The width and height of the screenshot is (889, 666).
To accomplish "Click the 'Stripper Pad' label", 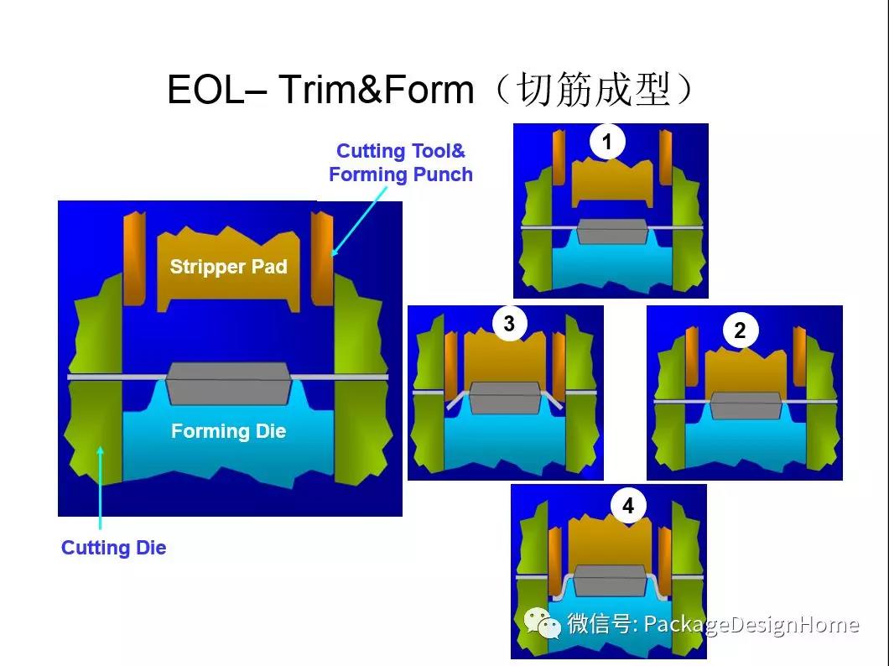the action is click(x=228, y=267).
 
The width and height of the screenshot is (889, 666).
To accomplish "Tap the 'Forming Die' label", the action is click(x=228, y=431).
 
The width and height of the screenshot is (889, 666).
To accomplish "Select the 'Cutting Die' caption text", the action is click(x=113, y=548).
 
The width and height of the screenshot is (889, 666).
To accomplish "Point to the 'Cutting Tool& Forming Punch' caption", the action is click(x=401, y=163).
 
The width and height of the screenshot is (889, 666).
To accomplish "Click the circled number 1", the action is click(x=607, y=142).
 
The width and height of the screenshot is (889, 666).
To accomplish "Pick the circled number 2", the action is click(x=740, y=330).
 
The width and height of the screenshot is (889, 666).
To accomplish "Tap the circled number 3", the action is click(x=509, y=324).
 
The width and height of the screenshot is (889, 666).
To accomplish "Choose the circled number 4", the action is click(x=628, y=505).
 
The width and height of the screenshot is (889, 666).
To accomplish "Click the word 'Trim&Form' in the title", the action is click(x=376, y=90).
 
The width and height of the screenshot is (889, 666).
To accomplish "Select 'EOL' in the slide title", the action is click(x=205, y=90).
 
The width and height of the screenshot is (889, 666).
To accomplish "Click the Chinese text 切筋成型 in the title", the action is click(x=595, y=90).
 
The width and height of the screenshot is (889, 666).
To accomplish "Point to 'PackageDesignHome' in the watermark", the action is click(x=751, y=625).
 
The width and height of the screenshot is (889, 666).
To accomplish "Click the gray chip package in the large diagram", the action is click(x=229, y=383).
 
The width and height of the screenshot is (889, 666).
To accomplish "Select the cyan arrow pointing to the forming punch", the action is click(x=359, y=221).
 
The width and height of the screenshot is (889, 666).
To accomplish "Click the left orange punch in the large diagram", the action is click(x=134, y=258).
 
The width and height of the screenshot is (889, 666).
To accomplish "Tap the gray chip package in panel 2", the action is click(x=746, y=405).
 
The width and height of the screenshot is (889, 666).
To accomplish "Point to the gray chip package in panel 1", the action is click(x=612, y=232).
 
